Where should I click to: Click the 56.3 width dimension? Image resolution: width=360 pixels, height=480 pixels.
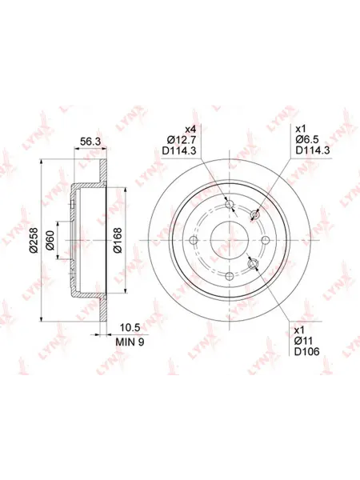coord(90,142)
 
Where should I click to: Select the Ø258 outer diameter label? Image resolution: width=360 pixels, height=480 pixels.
coord(34,240)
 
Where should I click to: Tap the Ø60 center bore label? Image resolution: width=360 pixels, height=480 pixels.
coord(50,240)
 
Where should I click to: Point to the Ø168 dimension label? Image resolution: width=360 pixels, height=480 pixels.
coord(118,240)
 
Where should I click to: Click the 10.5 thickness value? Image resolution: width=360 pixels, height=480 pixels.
coord(130,328)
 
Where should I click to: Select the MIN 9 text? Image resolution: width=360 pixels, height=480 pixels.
coord(130,342)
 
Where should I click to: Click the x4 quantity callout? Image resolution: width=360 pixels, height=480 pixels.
coord(190,128)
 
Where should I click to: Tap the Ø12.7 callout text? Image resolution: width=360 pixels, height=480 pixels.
coord(182,139)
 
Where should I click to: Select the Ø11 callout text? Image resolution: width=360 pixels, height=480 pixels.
coord(303,341)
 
